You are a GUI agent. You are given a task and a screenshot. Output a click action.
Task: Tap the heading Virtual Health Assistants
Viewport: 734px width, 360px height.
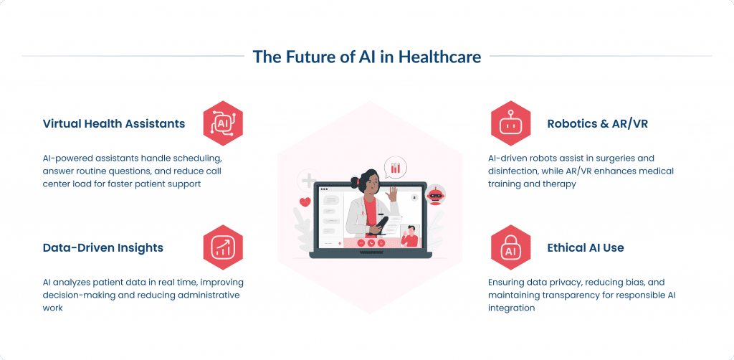[114, 123]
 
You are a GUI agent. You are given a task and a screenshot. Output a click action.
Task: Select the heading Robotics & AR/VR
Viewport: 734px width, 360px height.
[598, 123]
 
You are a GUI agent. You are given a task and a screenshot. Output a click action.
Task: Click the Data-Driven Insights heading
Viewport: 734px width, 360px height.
[103, 247]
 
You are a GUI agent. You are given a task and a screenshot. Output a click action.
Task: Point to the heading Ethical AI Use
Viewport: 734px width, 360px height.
[585, 247]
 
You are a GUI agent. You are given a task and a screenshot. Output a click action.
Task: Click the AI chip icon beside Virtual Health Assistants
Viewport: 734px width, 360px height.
[223, 123]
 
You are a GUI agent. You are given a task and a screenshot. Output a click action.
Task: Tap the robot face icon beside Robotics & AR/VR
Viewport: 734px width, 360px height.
[510, 123]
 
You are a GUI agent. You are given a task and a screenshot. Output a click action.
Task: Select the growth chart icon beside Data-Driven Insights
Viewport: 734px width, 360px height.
[223, 247]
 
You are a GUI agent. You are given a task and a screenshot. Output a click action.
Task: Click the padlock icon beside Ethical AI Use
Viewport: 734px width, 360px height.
[510, 247]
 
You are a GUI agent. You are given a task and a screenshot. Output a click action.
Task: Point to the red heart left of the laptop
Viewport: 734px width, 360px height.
[305, 202]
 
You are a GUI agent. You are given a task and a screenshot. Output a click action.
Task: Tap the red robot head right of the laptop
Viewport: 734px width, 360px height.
[434, 194]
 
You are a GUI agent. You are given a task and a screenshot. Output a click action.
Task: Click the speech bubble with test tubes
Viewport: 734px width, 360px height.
[395, 168]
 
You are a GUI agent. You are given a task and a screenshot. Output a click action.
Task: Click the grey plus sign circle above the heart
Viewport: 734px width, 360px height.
[309, 181]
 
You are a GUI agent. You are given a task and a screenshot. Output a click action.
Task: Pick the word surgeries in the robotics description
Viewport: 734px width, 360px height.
[608, 158]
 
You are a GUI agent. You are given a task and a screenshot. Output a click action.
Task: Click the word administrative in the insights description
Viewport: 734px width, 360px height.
[208, 295]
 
